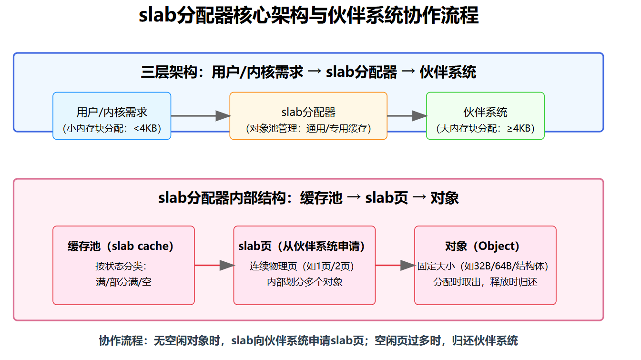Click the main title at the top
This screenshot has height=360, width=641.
pyautogui.click(x=308, y=16)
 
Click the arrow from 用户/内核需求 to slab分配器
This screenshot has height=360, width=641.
pyautogui.click(x=200, y=115)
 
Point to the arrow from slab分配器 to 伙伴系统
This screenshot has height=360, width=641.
pyautogui.click(x=407, y=115)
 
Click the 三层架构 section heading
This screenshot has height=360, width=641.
pyautogui.click(x=308, y=72)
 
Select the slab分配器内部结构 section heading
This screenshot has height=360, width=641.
pyautogui.click(x=308, y=198)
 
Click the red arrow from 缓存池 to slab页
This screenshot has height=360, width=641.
pyautogui.click(x=214, y=266)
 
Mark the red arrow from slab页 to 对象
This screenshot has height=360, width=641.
pyautogui.click(x=395, y=266)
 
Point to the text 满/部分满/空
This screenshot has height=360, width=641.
pyautogui.click(x=123, y=282)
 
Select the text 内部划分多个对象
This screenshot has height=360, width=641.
pyautogui.click(x=305, y=282)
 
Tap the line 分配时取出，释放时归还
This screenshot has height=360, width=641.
pyautogui.click(x=485, y=282)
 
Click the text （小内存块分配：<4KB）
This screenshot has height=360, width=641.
pyautogui.click(x=112, y=128)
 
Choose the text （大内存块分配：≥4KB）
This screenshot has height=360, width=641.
pyautogui.click(x=485, y=128)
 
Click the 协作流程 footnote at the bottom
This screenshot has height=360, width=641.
pyautogui.click(x=308, y=340)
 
